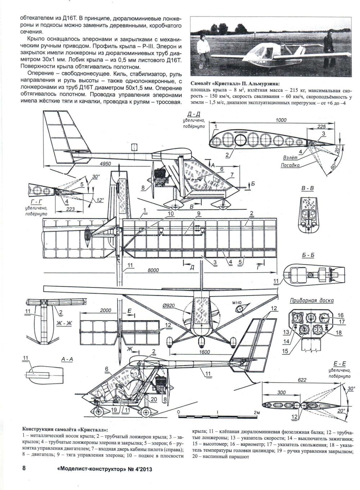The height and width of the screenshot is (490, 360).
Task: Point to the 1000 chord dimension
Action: coord(281,120)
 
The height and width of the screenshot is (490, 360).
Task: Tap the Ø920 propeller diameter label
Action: coord(169,306)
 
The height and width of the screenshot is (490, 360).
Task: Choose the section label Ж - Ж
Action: coord(64,323)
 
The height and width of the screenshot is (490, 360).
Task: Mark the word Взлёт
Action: coord(291,157)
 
